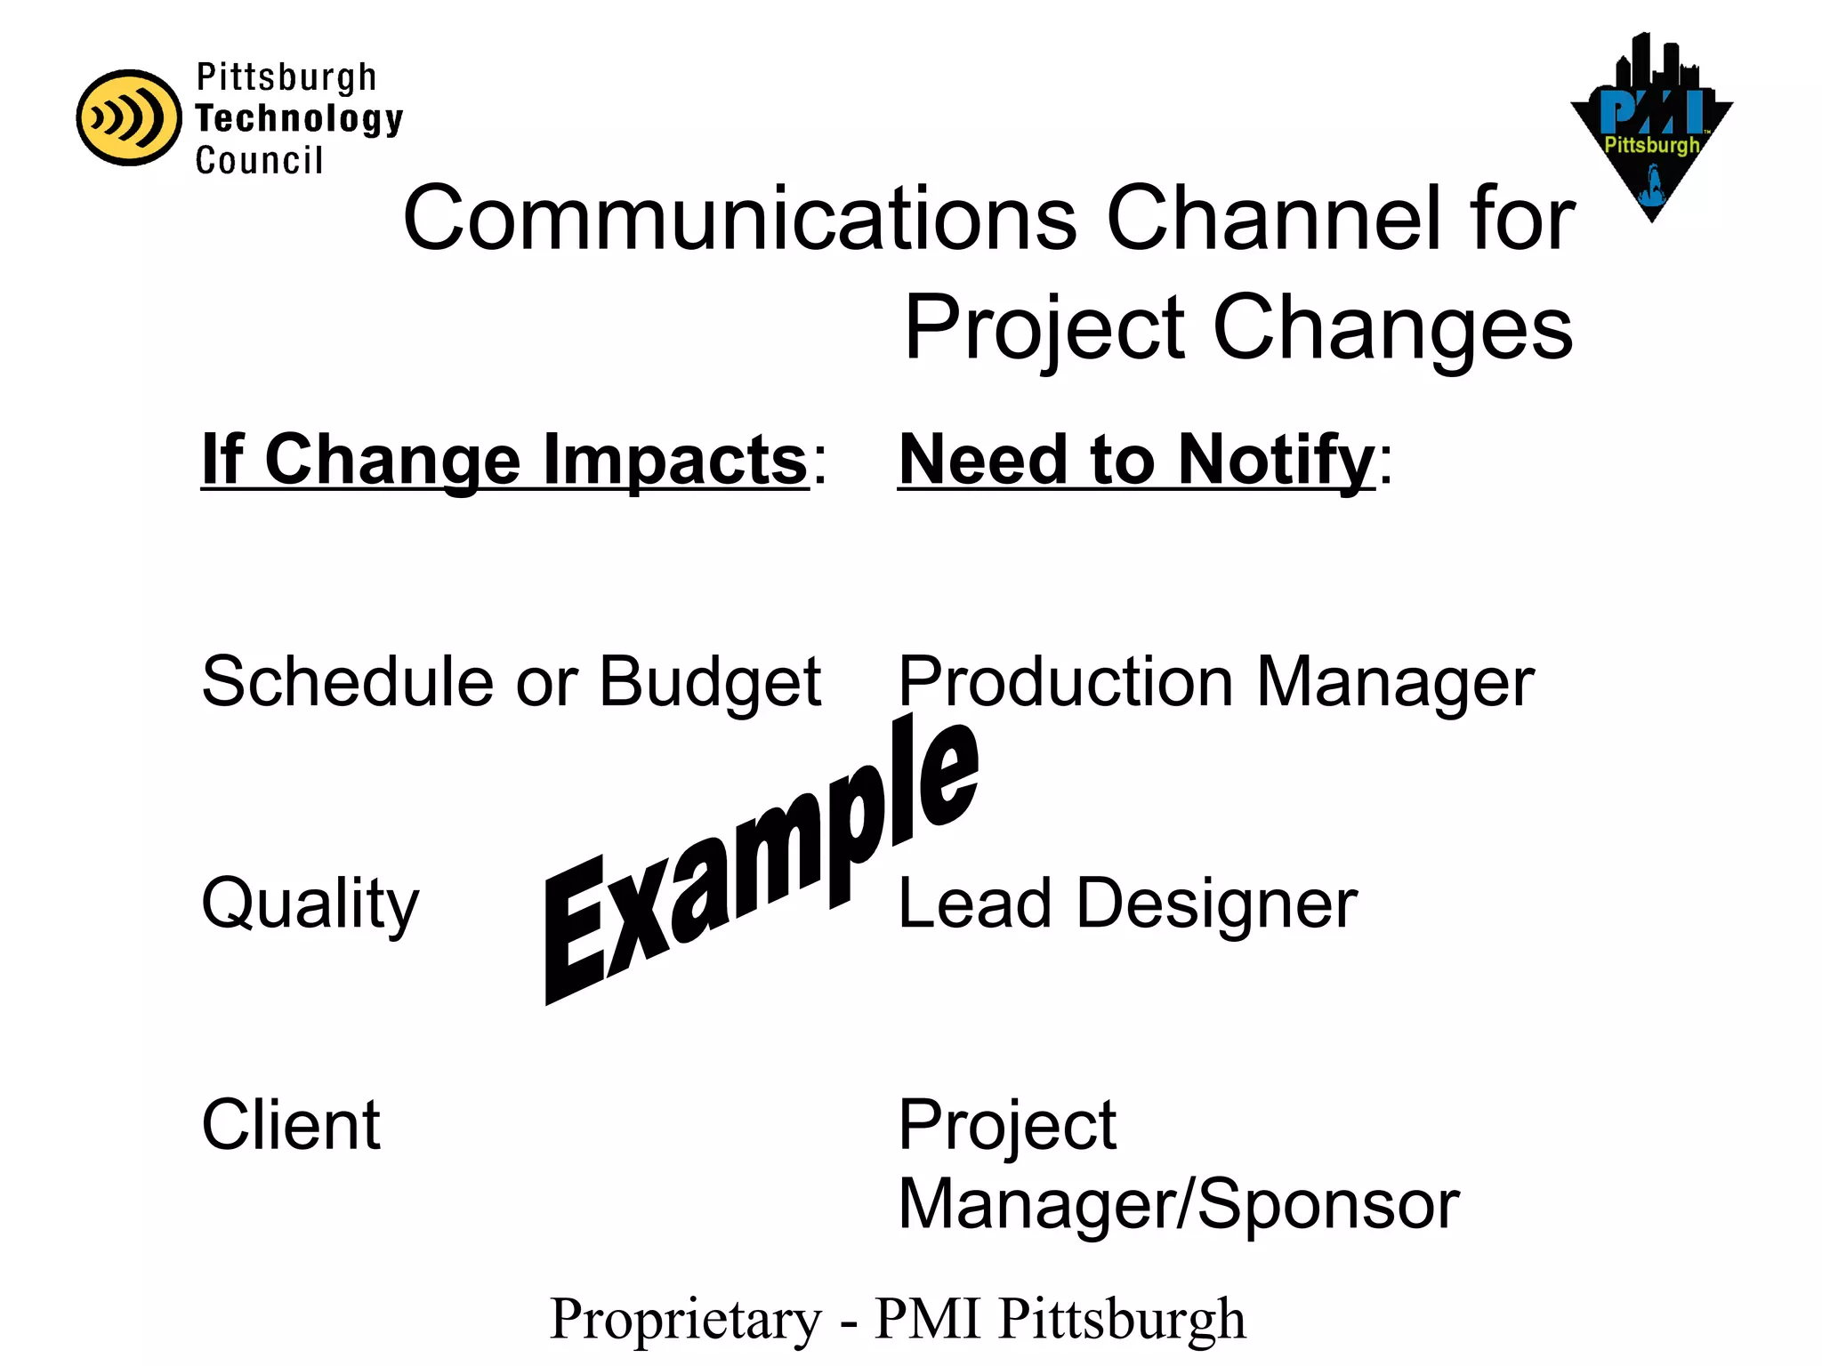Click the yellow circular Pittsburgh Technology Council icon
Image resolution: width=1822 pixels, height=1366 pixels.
(129, 117)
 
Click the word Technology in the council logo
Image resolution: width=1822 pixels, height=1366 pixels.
(299, 118)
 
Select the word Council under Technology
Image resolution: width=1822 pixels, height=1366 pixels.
(259, 160)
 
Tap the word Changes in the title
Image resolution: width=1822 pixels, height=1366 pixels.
(1392, 328)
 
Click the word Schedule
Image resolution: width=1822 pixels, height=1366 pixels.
(346, 682)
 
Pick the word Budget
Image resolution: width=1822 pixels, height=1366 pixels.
(710, 682)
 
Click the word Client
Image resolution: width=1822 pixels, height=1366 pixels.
(291, 1125)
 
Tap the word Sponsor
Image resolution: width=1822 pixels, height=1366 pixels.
(1329, 1204)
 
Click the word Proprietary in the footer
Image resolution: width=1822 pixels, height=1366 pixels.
(686, 1319)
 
